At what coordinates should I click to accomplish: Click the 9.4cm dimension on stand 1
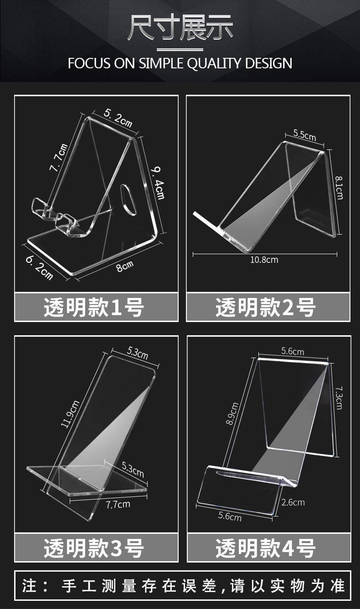(x=158, y=183)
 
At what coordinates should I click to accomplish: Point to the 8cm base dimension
(x=124, y=266)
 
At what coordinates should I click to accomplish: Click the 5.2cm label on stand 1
(x=118, y=118)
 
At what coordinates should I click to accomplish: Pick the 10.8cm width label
(x=264, y=260)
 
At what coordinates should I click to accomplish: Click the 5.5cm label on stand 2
(x=304, y=135)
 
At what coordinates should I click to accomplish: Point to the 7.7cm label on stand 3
(x=118, y=504)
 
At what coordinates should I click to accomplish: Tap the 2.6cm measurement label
(x=293, y=502)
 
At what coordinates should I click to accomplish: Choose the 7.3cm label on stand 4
(x=339, y=398)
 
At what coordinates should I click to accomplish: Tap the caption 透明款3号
(x=94, y=548)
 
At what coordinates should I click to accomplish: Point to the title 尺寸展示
(x=180, y=28)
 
